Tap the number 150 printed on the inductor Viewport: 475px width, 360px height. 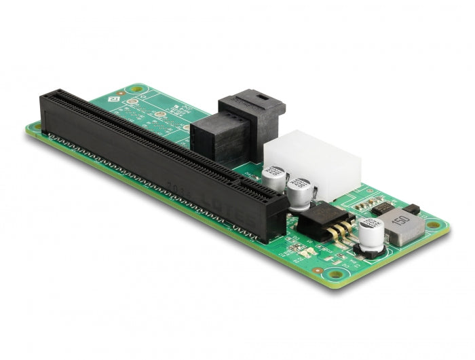(x=401, y=222)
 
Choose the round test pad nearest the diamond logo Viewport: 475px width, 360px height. (x=134, y=104)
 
